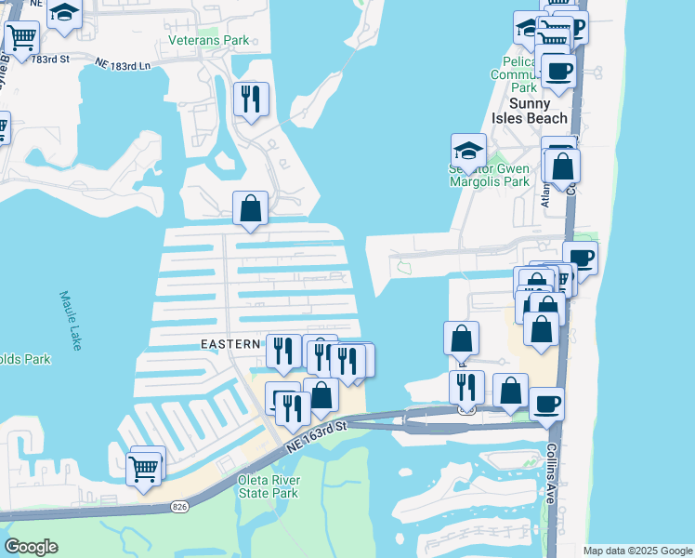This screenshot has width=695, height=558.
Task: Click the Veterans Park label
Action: tap(209, 41)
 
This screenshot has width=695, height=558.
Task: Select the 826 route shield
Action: tap(180, 507)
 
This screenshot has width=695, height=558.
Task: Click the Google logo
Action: tap(31, 547)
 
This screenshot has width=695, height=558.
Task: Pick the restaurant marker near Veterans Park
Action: tap(250, 99)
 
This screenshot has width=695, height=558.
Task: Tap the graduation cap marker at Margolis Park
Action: tap(468, 150)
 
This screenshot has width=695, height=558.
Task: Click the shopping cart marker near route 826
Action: tap(144, 469)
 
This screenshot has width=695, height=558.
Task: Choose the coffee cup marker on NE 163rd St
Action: tap(546, 404)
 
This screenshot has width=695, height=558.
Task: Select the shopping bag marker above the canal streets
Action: tap(251, 208)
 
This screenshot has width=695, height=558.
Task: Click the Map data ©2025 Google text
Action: tap(637, 551)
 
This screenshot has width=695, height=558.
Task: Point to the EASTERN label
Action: tap(230, 344)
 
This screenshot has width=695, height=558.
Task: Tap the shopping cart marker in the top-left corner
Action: tap(21, 37)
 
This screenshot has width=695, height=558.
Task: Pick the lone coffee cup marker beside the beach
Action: tap(580, 258)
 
